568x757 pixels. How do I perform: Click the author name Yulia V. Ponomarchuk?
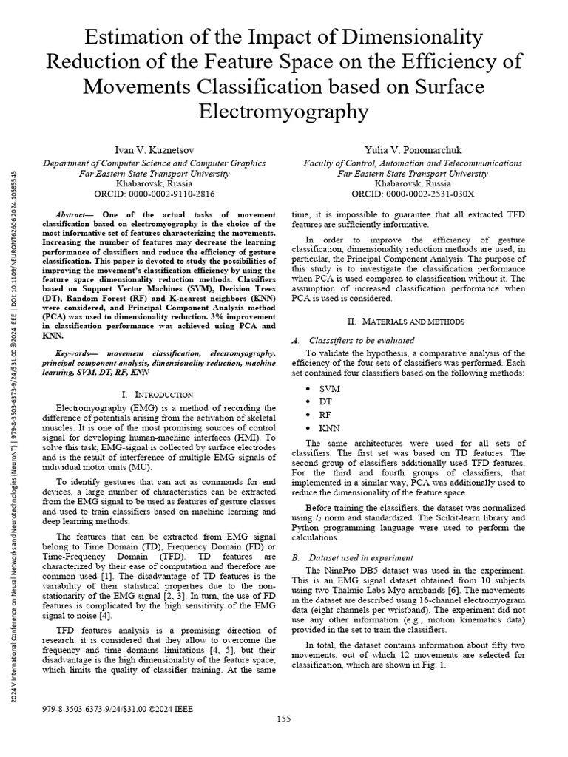pos(412,149)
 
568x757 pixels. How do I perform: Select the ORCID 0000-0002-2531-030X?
pos(412,194)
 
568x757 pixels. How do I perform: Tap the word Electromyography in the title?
pos(284,111)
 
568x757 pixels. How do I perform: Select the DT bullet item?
pos(326,401)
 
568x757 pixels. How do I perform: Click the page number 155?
pos(284,719)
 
